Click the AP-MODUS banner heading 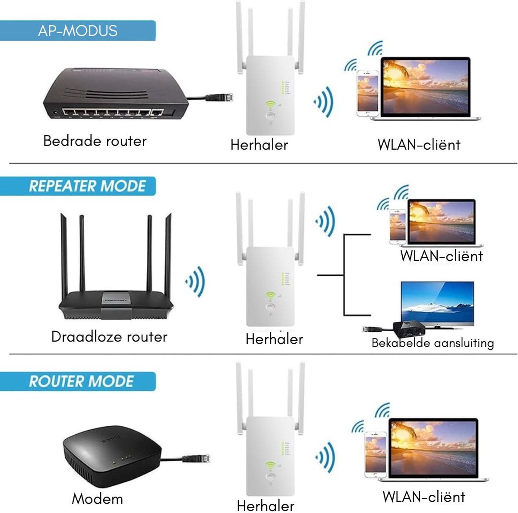[x=78, y=31]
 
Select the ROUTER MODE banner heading [x=81, y=381]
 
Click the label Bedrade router [x=95, y=141]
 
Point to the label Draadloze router [x=109, y=336]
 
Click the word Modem [x=97, y=498]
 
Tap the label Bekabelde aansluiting [x=433, y=343]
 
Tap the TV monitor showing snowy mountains [x=437, y=303]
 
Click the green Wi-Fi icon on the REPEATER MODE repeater [x=270, y=296]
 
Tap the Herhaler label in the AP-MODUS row [x=259, y=144]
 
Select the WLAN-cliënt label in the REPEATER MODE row [x=441, y=256]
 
